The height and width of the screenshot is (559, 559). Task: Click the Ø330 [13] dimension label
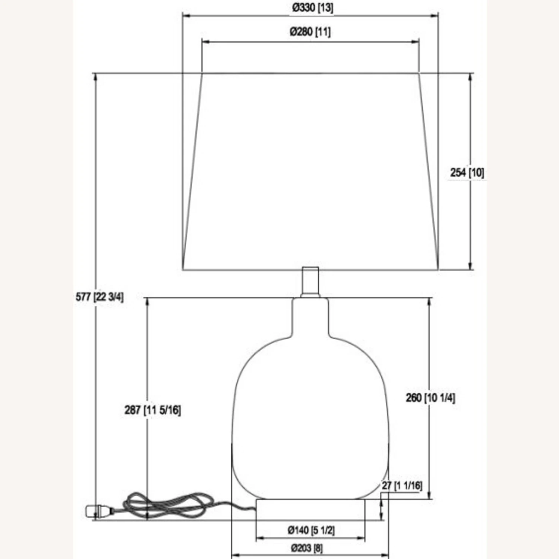click(x=312, y=7)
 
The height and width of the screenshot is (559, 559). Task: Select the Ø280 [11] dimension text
click(x=310, y=32)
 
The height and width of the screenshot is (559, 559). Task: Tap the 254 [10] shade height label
click(x=467, y=173)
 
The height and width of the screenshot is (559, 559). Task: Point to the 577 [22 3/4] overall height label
click(x=100, y=297)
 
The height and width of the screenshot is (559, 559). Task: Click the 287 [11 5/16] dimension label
click(x=152, y=410)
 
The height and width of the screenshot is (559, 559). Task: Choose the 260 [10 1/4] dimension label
click(x=430, y=398)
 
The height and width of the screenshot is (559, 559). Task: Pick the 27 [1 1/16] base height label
click(x=402, y=486)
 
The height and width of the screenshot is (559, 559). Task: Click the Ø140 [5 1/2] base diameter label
click(x=311, y=530)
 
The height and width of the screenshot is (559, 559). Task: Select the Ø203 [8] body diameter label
click(x=307, y=548)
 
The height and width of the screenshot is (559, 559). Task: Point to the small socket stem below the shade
click(x=310, y=282)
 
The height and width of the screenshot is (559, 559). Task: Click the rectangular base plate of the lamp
click(x=310, y=509)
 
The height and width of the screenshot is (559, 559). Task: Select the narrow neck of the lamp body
click(x=310, y=317)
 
